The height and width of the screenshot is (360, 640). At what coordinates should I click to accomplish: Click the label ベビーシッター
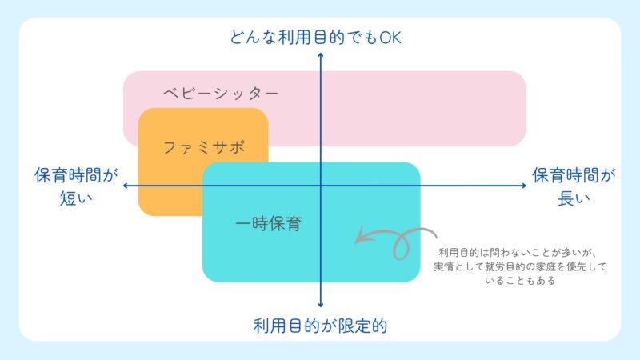click(x=220, y=93)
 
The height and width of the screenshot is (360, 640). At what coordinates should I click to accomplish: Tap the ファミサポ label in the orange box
click(x=203, y=147)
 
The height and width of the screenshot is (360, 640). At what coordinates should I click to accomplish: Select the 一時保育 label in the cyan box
click(x=269, y=224)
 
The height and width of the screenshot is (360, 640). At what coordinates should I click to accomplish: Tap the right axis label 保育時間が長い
click(x=574, y=186)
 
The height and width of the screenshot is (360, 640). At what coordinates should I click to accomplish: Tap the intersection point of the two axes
click(x=320, y=186)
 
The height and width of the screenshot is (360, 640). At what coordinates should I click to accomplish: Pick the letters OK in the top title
click(x=389, y=37)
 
